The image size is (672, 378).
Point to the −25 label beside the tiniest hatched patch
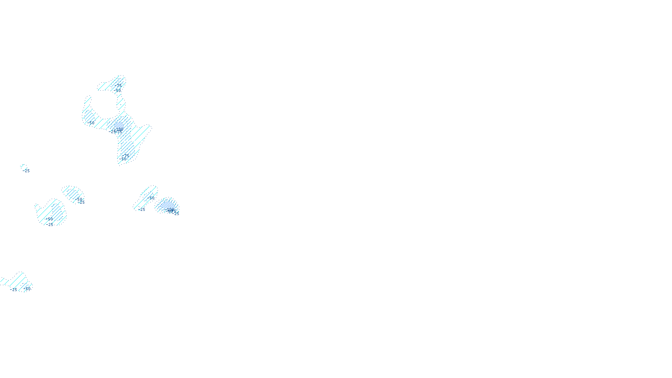[26, 171]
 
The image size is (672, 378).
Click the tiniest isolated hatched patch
[23, 166]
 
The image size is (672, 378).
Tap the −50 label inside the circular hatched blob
[50, 219]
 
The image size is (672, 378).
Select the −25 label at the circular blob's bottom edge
[50, 224]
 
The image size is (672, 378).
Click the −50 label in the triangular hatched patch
[152, 198]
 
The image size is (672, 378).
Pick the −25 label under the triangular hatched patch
[142, 210]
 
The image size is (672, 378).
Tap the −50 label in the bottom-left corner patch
[28, 289]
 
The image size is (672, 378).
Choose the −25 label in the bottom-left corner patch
[14, 290]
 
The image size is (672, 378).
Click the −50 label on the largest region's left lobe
[91, 123]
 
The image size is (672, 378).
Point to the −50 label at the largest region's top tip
[118, 90]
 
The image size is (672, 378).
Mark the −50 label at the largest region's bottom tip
[123, 159]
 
